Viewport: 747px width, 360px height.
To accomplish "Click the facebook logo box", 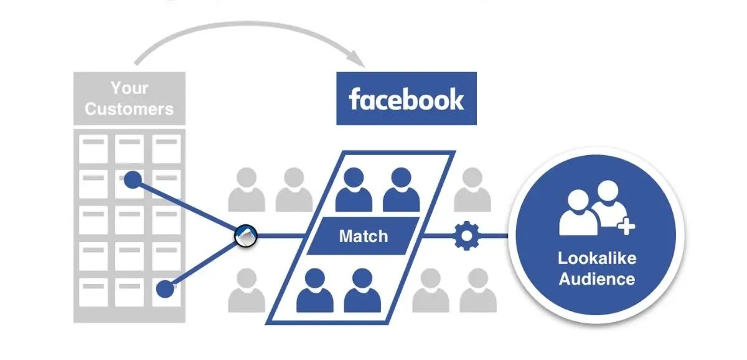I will point(406,98).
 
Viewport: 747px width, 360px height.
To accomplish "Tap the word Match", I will point(363,236).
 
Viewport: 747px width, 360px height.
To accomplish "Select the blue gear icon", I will point(464,236).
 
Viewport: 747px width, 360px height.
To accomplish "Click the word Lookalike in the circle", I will point(596,258).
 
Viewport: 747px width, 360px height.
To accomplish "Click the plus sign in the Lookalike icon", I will point(626,228).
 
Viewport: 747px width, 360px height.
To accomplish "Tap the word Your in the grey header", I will point(129,88).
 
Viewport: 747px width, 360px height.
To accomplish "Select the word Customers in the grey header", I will point(129,109).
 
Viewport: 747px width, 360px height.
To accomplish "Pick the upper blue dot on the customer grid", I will point(133,180).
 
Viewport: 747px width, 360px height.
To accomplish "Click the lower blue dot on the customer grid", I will point(165,288).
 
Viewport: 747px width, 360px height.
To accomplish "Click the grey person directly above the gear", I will point(472,189).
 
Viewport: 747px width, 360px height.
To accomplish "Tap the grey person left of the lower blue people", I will point(247,290).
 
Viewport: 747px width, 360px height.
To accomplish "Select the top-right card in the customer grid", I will point(167,148).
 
